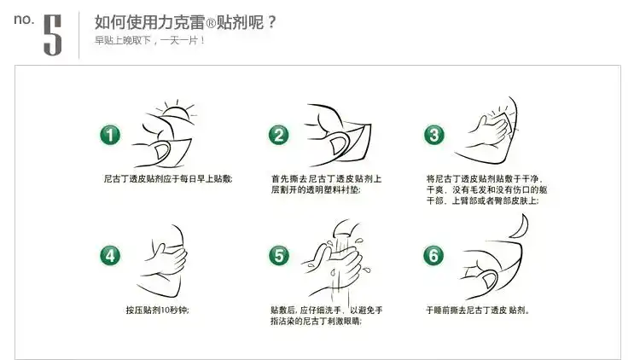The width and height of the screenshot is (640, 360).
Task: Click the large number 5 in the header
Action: click(x=53, y=35)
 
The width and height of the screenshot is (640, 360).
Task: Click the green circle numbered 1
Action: click(x=111, y=135)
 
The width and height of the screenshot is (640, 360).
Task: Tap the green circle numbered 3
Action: click(x=433, y=135)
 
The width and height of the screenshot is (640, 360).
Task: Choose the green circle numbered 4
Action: click(x=111, y=254)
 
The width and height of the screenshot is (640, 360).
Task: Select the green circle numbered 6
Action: click(x=433, y=254)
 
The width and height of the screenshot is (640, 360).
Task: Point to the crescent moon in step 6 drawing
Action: click(x=521, y=227)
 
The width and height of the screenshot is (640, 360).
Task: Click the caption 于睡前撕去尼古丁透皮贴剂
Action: click(x=482, y=309)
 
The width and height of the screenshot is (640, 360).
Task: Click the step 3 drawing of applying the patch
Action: click(x=491, y=132)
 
